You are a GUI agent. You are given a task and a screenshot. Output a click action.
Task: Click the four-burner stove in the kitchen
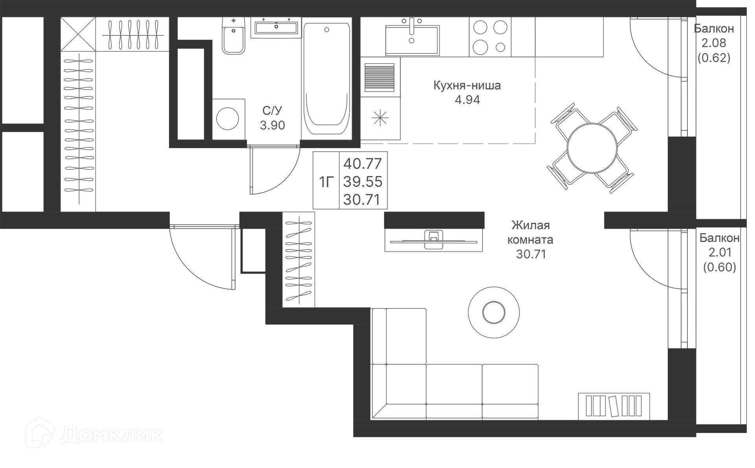pyautogui.click(x=490, y=37)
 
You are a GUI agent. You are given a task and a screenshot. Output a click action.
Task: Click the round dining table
pyautogui.click(x=592, y=149)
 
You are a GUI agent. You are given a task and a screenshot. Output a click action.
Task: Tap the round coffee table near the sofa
pyautogui.click(x=494, y=312)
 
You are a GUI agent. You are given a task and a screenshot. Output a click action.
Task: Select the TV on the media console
pyautogui.click(x=433, y=240)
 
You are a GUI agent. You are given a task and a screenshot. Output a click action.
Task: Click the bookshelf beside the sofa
pyautogui.click(x=613, y=406)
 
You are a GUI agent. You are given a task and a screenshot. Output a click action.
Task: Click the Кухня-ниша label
pyautogui.click(x=467, y=85)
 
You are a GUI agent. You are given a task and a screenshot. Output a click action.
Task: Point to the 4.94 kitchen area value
pyautogui.click(x=467, y=100)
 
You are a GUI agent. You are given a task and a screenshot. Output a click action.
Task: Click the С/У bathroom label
pyautogui.click(x=272, y=110)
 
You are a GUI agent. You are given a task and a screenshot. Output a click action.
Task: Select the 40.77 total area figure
pyautogui.click(x=363, y=163)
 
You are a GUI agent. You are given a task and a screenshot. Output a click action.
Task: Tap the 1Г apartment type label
pyautogui.click(x=326, y=182)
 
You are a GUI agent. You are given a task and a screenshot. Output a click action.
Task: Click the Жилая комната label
pyautogui.click(x=530, y=232)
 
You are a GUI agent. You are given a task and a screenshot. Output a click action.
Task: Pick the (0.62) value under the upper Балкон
pyautogui.click(x=714, y=58)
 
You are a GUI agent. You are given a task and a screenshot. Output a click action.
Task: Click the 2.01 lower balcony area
pyautogui.click(x=719, y=252)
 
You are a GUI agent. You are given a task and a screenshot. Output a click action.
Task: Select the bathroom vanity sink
pyautogui.click(x=276, y=27)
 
